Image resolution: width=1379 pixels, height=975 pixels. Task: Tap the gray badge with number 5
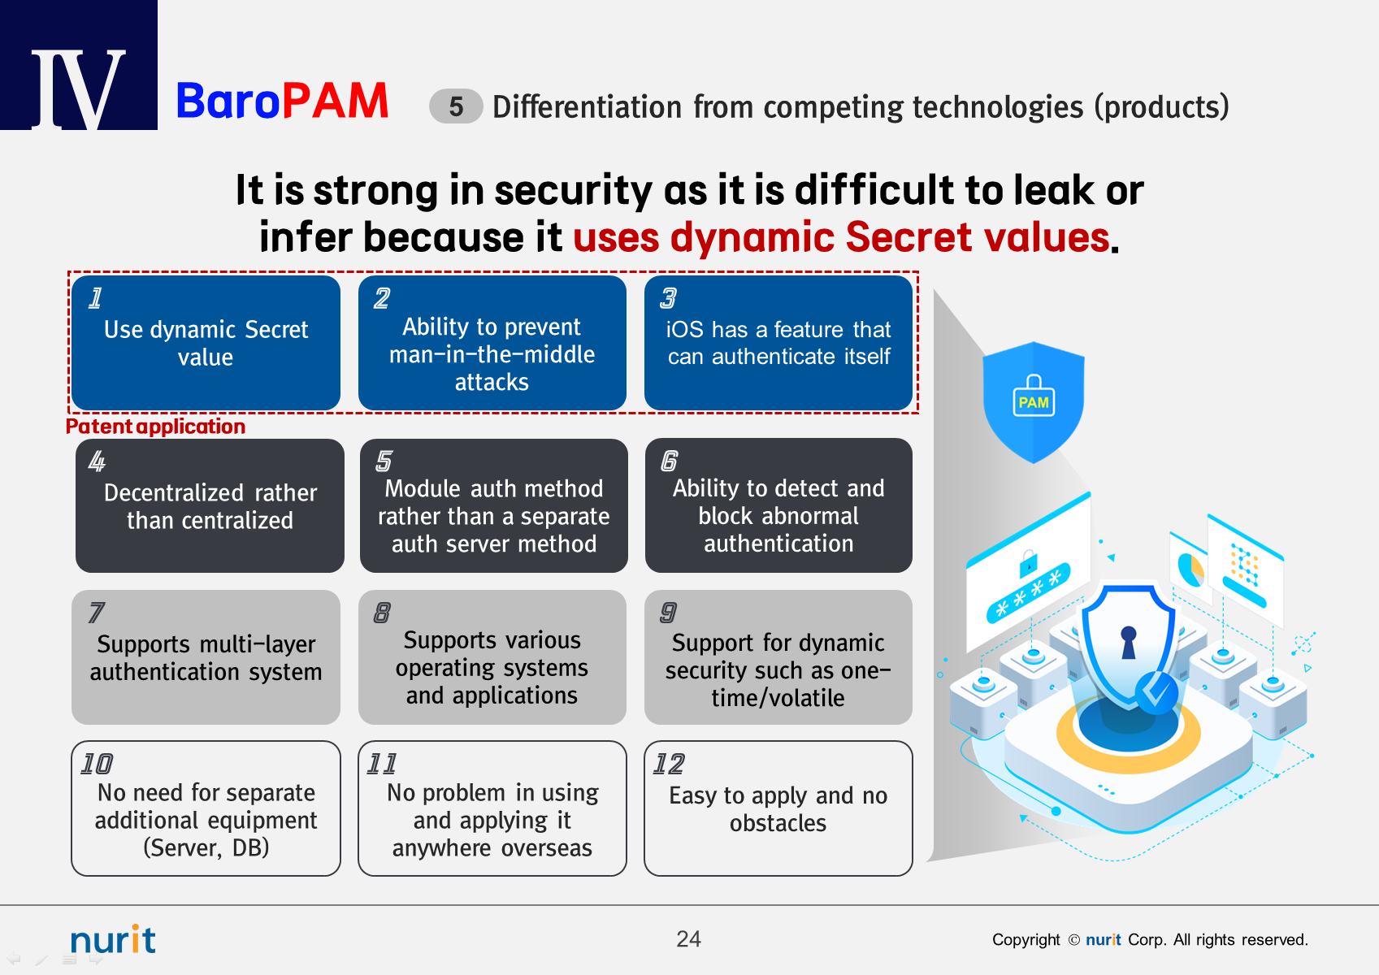tap(456, 106)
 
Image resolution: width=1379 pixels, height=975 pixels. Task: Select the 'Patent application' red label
tap(156, 427)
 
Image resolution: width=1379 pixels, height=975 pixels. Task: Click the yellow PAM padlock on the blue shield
tap(1034, 396)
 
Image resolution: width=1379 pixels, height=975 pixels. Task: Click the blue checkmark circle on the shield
tap(1156, 693)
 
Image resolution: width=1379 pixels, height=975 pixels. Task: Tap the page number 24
tap(688, 938)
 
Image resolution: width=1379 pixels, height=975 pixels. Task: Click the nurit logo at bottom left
tap(113, 939)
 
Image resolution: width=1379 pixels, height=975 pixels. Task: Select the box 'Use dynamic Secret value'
tap(206, 343)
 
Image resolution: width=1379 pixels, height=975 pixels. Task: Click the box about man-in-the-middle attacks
tap(492, 343)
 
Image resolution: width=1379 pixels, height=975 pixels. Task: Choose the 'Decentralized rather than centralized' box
tap(210, 505)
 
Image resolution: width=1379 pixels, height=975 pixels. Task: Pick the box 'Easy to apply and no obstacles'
tap(778, 808)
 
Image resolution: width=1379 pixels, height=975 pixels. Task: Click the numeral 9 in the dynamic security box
tap(669, 613)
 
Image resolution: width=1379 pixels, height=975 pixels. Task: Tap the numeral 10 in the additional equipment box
tap(97, 764)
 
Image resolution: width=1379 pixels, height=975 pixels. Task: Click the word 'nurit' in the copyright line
tap(1104, 939)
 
